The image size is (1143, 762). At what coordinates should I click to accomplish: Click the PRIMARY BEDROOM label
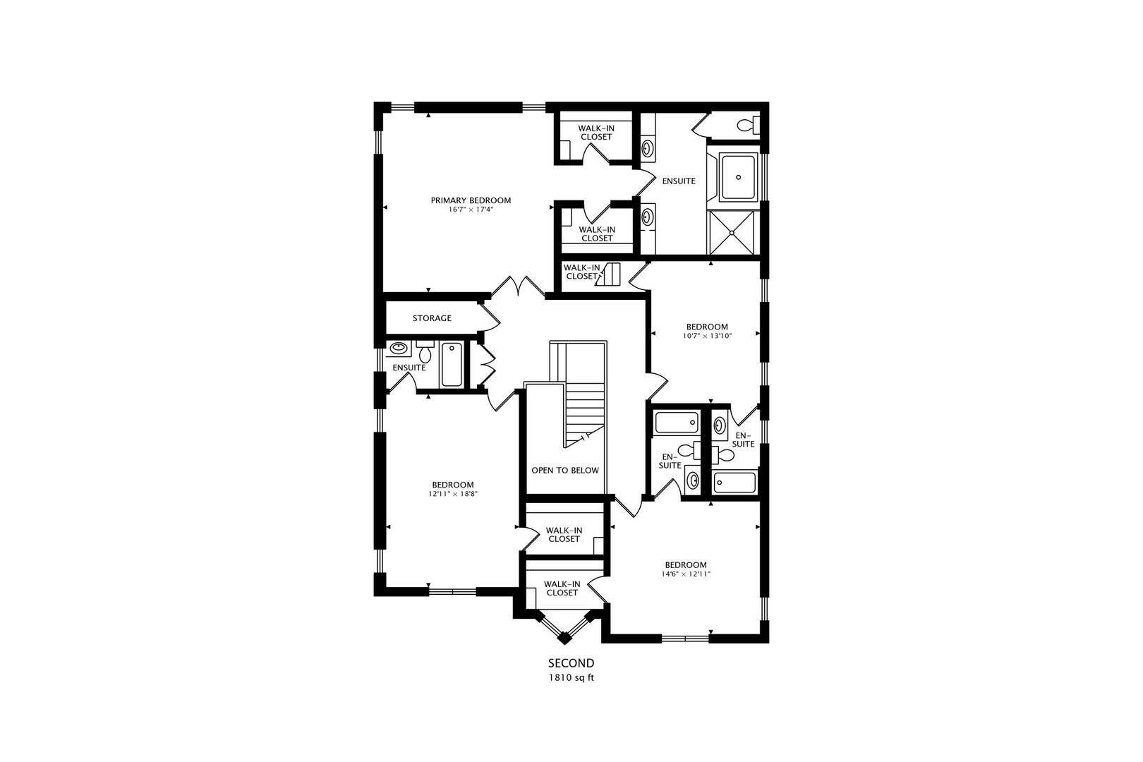471,200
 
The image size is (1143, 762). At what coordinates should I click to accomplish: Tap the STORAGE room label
432,318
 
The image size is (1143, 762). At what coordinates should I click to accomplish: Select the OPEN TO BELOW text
564,471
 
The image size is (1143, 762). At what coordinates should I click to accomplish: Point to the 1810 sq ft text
571,678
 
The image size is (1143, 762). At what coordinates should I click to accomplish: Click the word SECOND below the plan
571,663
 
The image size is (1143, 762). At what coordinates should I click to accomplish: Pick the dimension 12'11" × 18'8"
453,494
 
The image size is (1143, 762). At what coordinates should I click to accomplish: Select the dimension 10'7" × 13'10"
707,336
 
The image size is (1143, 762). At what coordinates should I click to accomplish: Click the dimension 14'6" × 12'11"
686,574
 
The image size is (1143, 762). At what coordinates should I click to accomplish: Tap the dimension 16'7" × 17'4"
471,210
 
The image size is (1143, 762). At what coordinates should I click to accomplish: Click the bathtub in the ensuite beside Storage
452,364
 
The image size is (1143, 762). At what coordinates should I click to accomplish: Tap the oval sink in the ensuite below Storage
399,348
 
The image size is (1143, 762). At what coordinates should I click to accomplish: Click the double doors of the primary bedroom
519,287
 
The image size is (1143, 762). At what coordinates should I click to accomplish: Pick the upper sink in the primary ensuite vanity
647,149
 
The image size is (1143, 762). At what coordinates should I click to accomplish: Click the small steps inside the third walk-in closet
609,274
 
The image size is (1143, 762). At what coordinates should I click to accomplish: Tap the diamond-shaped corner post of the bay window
564,639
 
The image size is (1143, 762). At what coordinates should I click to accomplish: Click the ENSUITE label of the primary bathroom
679,181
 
